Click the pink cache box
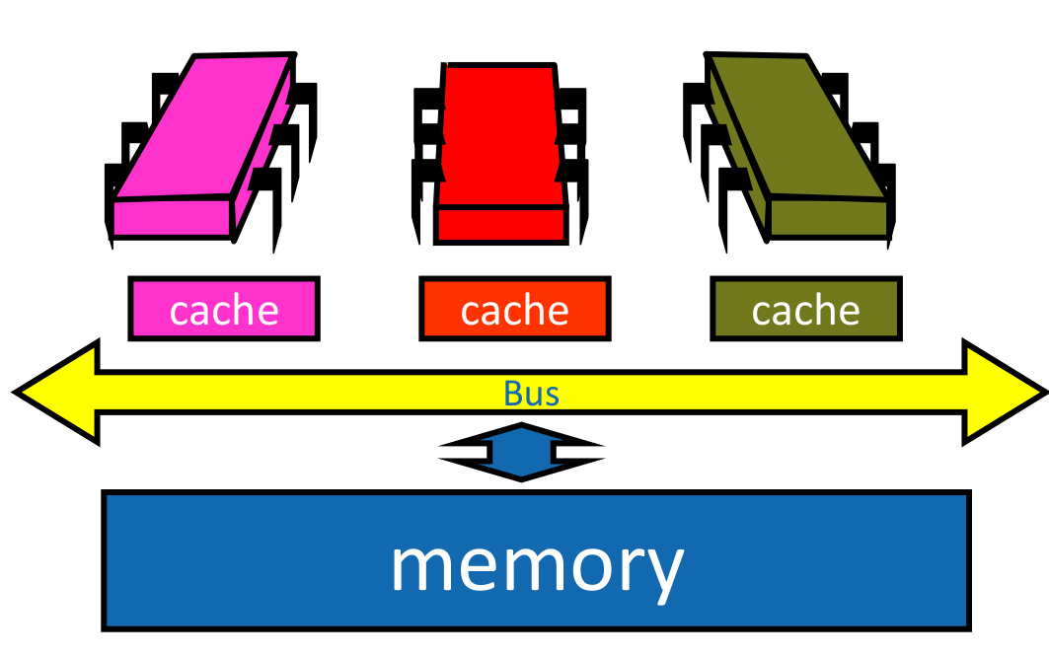224,309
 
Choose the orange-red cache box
514,309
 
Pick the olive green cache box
805,309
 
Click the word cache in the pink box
224,311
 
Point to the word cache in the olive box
805,311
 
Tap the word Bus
531,394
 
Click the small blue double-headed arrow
521,452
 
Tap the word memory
537,564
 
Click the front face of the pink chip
174,217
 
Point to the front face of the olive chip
827,217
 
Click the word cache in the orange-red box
514,311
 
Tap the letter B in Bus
512,394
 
